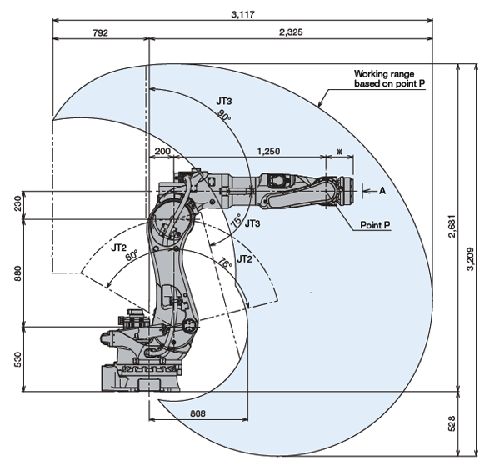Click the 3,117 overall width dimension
point(243,14)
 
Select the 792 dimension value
point(101,32)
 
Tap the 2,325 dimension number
point(291,32)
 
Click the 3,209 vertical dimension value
point(470,259)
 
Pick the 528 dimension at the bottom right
point(452,423)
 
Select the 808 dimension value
point(197,413)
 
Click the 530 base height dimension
point(17,359)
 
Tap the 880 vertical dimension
point(17,273)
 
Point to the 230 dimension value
point(17,203)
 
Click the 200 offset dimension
point(162,151)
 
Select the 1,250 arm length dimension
point(269,151)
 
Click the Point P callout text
point(375,225)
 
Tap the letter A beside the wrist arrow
point(382,191)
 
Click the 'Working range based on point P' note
point(390,79)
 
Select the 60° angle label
point(132,255)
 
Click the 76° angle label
point(225,262)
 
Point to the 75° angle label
point(237,220)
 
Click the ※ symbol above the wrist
point(340,152)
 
